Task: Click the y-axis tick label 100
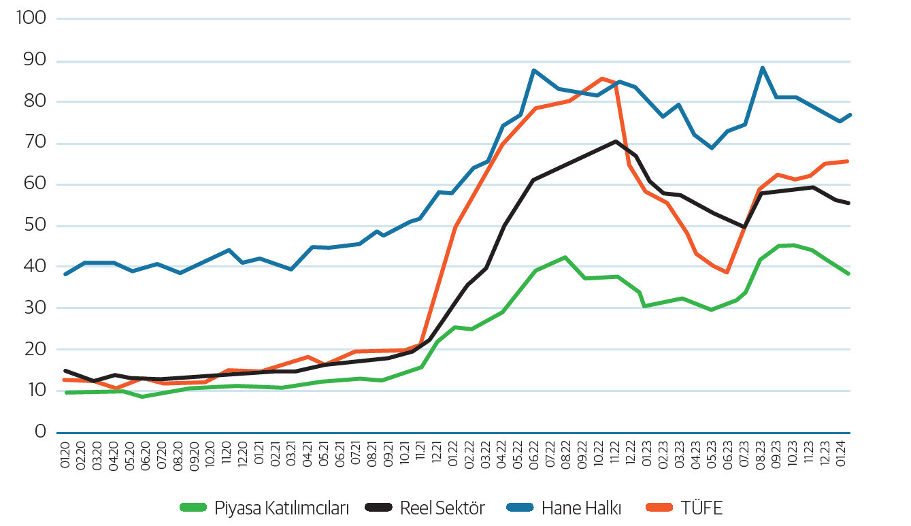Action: coord(30,18)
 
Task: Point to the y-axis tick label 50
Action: coord(33,226)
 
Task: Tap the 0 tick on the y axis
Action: coord(40,431)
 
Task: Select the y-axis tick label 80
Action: coord(33,102)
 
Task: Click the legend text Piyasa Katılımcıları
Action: coord(282,508)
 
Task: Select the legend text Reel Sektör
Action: coord(442,508)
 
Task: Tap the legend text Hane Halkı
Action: coord(582,508)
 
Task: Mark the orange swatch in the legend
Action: coord(659,508)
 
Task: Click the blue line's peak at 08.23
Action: coord(762,67)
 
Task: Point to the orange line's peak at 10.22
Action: coord(601,78)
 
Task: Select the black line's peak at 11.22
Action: coord(616,142)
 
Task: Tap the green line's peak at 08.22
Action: coord(565,257)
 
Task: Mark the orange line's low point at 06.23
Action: coord(727,272)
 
